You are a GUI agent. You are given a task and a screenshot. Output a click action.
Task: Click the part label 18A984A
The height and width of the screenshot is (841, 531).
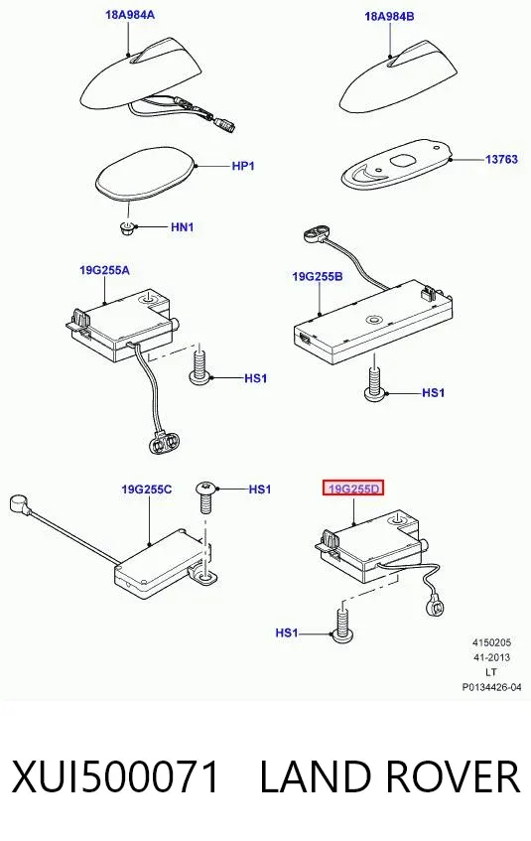[130, 15]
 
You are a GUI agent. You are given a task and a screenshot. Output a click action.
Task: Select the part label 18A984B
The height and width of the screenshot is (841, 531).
[389, 16]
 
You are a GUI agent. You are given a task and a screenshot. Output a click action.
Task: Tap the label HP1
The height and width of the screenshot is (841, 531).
[243, 166]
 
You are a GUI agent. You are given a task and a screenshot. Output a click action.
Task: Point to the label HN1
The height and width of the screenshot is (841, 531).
[183, 226]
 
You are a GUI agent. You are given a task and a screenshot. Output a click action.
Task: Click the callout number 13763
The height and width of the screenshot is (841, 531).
[501, 159]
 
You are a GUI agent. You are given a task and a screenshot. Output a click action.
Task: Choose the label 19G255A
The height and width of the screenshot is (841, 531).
[104, 270]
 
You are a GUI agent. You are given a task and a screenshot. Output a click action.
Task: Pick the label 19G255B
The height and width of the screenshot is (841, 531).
[318, 277]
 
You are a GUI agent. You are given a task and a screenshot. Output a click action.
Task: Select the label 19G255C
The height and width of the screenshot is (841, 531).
[147, 490]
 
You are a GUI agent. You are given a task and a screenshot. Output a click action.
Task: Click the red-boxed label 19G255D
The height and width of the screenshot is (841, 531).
[353, 490]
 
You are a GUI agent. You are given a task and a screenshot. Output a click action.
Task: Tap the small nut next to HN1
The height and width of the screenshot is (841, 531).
[127, 228]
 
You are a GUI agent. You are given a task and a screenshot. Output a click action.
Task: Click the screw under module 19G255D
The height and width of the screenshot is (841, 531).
[341, 625]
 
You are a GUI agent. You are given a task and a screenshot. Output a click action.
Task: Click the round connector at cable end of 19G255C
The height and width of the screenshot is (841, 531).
[17, 504]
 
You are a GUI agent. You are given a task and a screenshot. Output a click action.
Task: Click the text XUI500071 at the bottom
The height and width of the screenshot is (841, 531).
[115, 776]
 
